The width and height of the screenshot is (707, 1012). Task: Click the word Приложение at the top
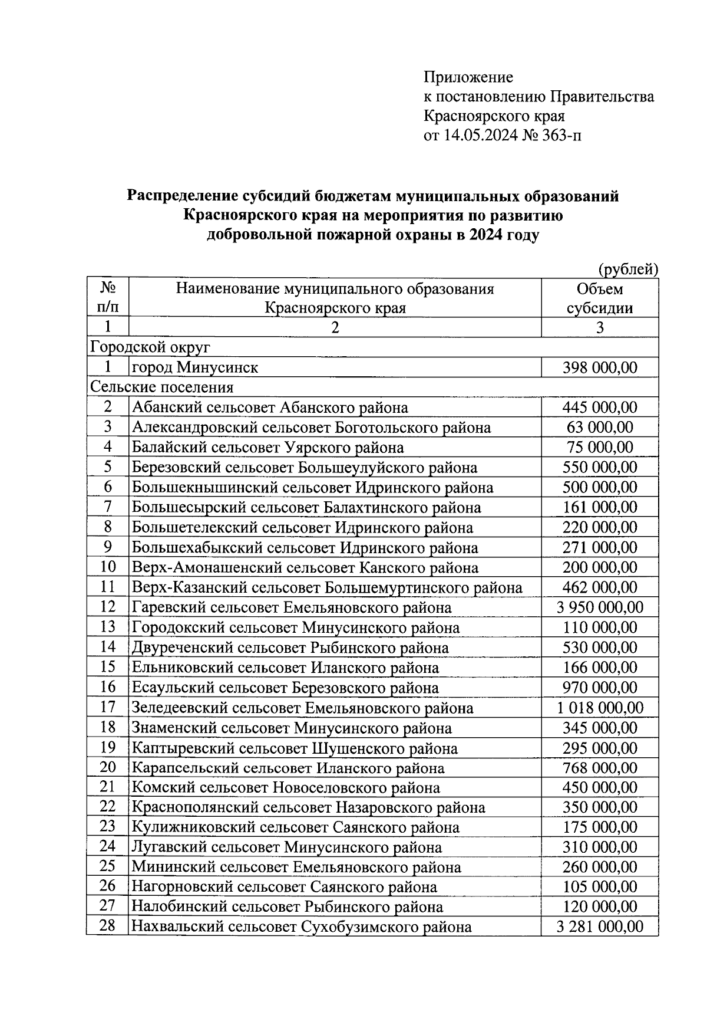(468, 77)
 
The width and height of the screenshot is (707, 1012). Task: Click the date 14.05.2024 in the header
(481, 136)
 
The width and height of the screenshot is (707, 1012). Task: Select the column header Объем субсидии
(599, 298)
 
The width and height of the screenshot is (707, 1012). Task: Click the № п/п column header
(107, 298)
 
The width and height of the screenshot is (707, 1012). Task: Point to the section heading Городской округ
(150, 347)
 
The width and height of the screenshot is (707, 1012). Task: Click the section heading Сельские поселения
(161, 387)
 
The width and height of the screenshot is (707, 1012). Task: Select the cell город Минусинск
(195, 367)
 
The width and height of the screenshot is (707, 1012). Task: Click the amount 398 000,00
(600, 367)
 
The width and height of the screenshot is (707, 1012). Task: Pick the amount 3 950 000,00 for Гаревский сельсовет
(600, 607)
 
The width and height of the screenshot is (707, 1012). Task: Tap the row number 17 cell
(107, 707)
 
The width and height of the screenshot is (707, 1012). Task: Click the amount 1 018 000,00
(600, 708)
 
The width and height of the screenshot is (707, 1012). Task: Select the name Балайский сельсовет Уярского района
(268, 448)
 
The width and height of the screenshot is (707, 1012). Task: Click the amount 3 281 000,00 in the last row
(600, 926)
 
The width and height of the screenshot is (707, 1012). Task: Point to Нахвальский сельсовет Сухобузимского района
(302, 926)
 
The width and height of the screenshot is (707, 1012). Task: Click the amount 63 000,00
(600, 428)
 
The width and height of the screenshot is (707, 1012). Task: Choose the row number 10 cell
(107, 567)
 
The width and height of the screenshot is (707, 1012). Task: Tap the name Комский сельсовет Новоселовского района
(286, 787)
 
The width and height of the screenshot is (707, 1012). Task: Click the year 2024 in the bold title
(487, 235)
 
